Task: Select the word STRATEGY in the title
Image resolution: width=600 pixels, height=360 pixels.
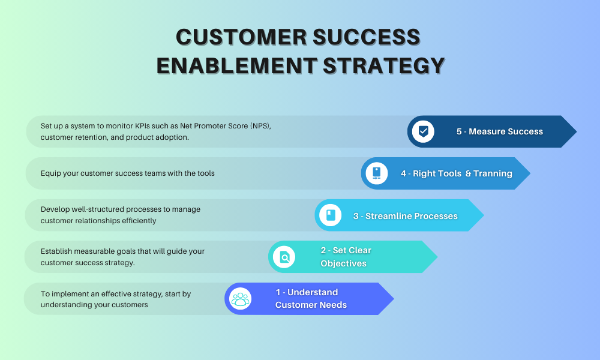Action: pos(383,65)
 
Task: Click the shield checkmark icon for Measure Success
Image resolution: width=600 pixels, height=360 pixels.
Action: pos(424,131)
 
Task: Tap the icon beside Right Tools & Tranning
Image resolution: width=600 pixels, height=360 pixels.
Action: pos(377,173)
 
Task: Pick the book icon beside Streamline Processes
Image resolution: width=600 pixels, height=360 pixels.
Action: pos(330,215)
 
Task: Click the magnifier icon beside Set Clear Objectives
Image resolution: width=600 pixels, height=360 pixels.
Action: pos(284,257)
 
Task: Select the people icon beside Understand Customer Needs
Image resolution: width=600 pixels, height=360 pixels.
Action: pos(241,299)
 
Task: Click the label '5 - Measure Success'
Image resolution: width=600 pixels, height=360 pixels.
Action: pos(499,131)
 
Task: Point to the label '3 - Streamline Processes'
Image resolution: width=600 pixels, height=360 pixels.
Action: pos(405,216)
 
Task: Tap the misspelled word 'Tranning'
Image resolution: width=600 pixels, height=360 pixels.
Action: pos(493,173)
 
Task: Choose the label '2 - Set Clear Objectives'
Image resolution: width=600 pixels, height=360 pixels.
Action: pos(346,257)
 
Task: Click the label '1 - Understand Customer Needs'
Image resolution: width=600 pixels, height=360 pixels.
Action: pos(311,298)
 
